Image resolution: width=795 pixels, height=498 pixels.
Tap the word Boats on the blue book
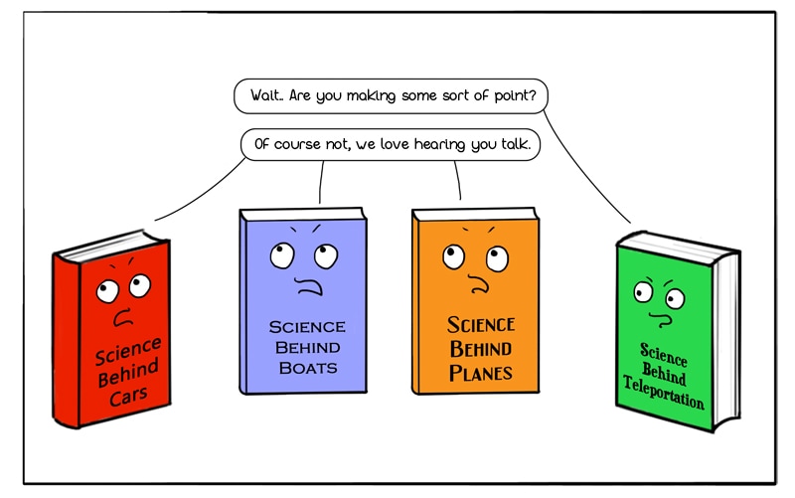(x=306, y=368)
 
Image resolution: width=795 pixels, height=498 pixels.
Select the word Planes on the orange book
(x=480, y=373)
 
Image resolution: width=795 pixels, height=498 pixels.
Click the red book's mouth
(x=124, y=320)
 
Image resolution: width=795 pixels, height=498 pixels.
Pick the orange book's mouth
(x=480, y=285)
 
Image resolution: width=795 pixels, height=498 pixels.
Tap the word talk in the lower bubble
(x=513, y=145)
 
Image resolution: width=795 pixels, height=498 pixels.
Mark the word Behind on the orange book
(x=481, y=348)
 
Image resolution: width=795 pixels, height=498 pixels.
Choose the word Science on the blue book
(x=307, y=326)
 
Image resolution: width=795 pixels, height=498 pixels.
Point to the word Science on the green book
(x=664, y=354)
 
